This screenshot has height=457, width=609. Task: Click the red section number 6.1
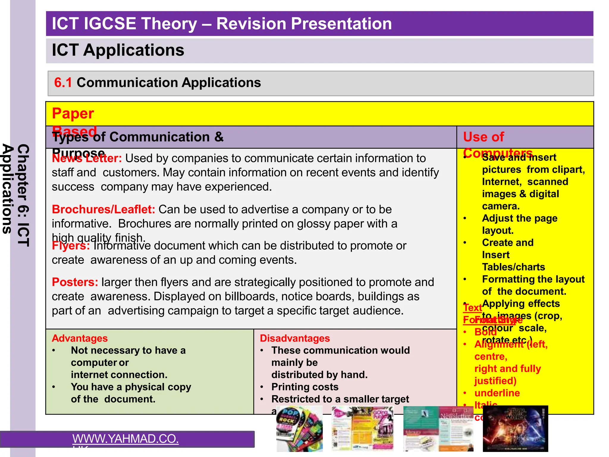(x=63, y=83)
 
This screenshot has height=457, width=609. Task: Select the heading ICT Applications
(x=118, y=50)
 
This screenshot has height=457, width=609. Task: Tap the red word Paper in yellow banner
(x=73, y=114)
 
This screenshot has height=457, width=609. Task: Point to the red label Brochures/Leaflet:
(x=103, y=209)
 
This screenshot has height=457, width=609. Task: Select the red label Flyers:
(x=70, y=246)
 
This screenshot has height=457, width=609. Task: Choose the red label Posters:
(x=75, y=282)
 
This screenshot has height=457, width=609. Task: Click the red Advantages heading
(x=79, y=338)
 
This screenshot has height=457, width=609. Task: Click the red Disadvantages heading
(x=294, y=338)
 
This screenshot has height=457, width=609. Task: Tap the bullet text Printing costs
(x=305, y=387)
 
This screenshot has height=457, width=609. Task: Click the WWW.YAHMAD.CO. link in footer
(x=125, y=439)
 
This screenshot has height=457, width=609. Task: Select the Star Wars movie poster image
(x=515, y=428)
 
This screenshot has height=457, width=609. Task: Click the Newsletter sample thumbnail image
(x=438, y=428)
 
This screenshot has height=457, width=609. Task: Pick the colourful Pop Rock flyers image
(x=299, y=429)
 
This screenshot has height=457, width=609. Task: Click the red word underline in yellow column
(x=497, y=393)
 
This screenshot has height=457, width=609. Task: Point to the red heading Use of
(x=483, y=137)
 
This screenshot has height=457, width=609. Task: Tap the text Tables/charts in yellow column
(x=513, y=267)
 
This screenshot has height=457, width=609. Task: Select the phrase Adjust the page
(x=519, y=218)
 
